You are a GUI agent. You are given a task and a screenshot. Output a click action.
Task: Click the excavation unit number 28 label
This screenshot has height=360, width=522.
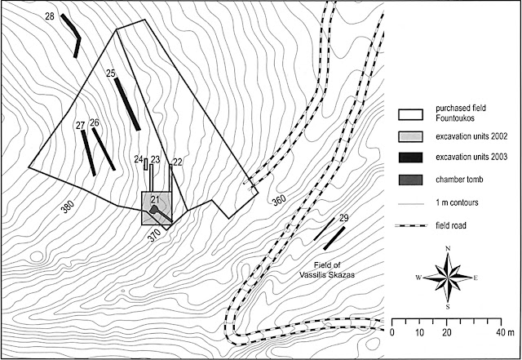[x=50, y=16]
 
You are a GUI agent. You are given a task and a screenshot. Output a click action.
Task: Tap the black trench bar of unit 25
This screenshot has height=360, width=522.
[x=127, y=104]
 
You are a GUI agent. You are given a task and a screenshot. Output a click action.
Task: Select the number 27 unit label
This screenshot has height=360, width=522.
[x=80, y=126]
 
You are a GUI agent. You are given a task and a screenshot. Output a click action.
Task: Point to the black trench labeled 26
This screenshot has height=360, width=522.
[x=104, y=149]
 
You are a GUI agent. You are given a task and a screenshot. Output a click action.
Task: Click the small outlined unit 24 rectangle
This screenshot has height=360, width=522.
[x=146, y=164]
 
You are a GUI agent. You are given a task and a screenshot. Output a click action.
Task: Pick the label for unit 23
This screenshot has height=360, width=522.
[x=156, y=159]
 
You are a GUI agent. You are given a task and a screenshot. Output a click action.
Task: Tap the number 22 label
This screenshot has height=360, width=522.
[x=178, y=162]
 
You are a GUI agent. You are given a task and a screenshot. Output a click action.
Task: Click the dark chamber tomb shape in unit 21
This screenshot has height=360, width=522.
[x=154, y=210]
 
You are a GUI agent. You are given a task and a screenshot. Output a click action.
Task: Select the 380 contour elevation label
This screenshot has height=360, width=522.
[x=68, y=207]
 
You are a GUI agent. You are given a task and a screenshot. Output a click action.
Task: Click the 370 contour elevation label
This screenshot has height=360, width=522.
[x=154, y=236]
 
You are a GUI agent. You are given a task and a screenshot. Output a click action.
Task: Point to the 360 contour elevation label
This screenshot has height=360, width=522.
[x=279, y=200]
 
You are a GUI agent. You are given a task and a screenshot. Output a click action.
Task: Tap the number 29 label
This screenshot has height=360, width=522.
[x=344, y=218]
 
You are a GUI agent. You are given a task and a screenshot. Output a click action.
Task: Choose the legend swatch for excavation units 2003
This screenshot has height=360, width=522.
[x=410, y=158]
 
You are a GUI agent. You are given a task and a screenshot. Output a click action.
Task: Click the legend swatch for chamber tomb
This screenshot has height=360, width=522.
[x=410, y=180]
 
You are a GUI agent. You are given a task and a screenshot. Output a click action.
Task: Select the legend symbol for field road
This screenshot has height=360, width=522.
[x=411, y=226]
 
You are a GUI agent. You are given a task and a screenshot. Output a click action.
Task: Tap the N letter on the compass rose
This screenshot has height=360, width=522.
[x=448, y=248]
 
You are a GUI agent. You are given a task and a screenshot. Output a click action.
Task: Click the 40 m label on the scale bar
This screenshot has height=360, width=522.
[x=506, y=332]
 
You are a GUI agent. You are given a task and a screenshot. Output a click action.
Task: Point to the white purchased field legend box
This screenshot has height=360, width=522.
[x=410, y=114]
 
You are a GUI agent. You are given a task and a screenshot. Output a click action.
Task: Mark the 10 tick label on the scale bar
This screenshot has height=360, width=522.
[x=420, y=332]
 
